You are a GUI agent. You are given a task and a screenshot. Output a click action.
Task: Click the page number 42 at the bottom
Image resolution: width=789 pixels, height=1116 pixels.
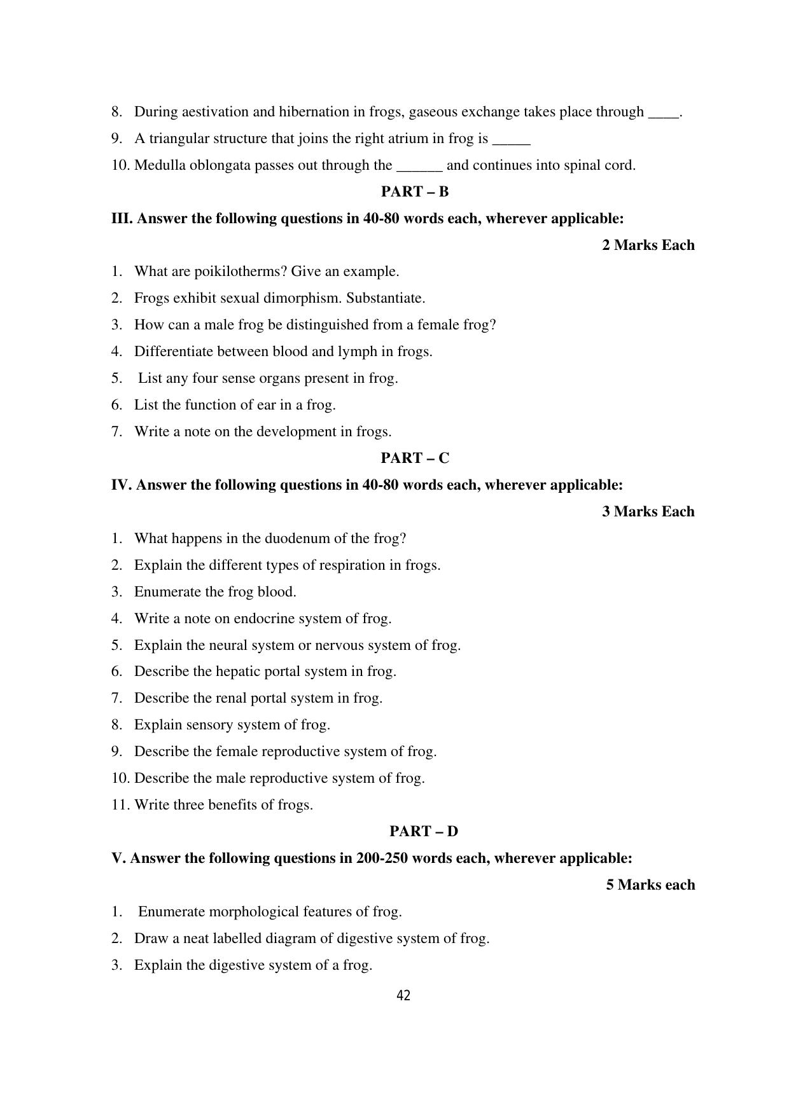click(403, 996)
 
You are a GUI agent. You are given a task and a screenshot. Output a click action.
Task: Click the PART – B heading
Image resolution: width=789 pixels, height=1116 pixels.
click(415, 191)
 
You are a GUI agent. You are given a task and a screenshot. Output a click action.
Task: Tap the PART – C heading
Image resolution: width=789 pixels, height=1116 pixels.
click(415, 458)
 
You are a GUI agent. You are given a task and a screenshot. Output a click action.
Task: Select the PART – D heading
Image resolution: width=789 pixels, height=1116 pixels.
click(424, 831)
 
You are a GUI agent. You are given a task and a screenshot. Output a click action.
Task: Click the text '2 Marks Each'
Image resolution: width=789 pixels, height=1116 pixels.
click(648, 245)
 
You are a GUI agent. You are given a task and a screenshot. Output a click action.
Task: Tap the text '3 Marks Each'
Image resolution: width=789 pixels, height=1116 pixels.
click(648, 511)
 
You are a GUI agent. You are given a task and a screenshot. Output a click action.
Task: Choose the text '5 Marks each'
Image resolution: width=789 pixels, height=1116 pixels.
click(650, 885)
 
